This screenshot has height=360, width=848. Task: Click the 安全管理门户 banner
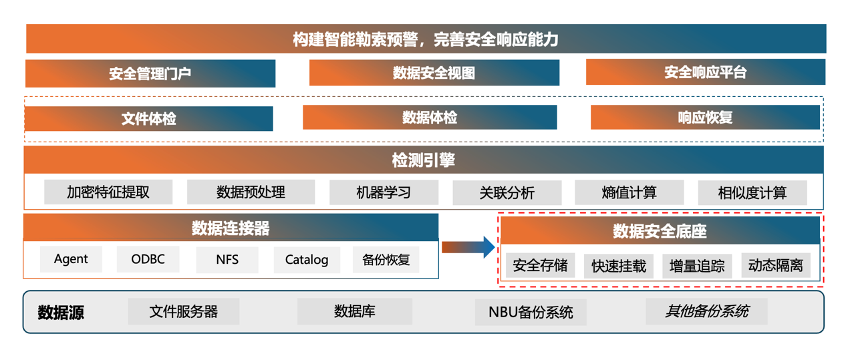tap(150, 73)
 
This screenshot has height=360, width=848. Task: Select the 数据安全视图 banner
tap(434, 73)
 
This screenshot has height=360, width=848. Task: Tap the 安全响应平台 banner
tap(705, 72)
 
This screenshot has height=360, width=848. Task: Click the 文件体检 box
tap(148, 119)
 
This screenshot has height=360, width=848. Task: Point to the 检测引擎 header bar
tap(423, 160)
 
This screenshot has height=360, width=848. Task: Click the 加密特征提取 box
tap(108, 192)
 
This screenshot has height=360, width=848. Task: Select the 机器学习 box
tap(384, 192)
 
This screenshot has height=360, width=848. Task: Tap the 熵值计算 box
tap(629, 192)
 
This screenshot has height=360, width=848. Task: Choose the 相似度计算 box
tap(752, 193)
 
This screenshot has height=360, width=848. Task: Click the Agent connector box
tap(71, 259)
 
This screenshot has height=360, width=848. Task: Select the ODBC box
tap(148, 259)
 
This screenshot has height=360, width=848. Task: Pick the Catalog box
tap(307, 260)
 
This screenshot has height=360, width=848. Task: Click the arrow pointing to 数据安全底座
tap(468, 247)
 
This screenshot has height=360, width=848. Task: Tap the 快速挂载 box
tap(619, 266)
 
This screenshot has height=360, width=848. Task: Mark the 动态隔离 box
tap(775, 265)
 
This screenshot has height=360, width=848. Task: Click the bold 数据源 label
tap(61, 312)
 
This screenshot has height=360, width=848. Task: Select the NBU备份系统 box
tap(531, 312)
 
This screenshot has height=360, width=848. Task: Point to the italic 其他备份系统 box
tap(706, 311)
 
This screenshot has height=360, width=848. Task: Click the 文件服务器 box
tap(184, 311)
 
